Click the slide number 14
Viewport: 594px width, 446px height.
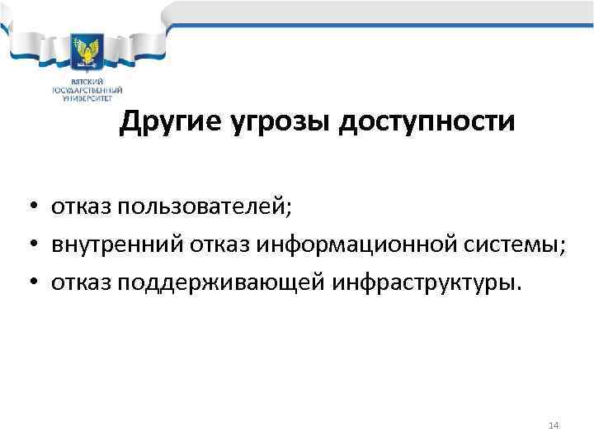pos(554,425)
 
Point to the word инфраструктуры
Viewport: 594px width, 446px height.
pos(427,283)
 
